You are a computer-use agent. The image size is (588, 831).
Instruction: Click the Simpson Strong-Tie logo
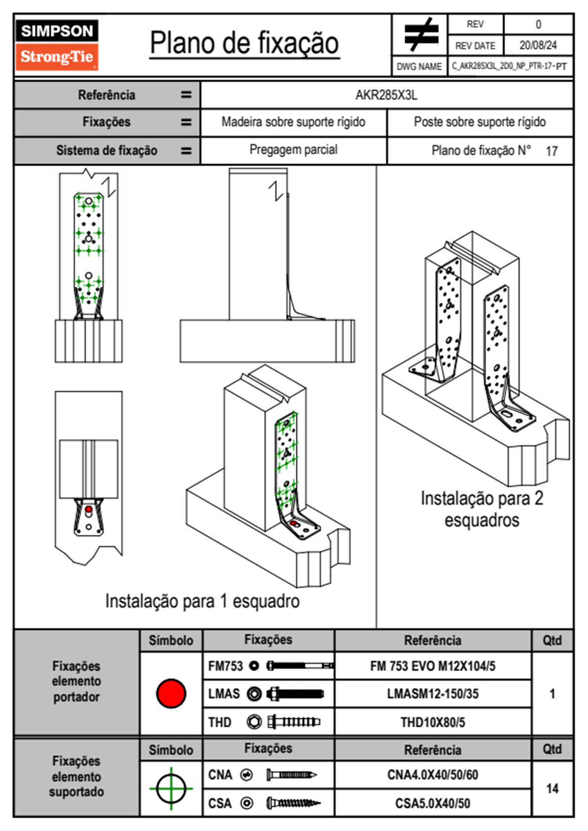pos(57,45)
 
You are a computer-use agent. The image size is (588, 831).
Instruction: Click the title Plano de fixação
pos(244,43)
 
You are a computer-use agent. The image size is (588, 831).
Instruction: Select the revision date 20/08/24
pos(538,45)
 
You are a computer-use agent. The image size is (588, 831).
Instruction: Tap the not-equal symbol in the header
pos(420,35)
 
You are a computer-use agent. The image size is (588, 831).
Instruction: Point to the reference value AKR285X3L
pos(386,95)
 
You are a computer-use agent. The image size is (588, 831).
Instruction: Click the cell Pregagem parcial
pos(294,150)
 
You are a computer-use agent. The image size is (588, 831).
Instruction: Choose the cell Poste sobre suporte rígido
pos(479,122)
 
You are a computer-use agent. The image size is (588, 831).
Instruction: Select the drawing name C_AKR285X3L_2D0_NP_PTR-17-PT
pos(509,66)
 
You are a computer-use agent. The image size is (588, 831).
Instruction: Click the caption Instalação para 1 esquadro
pos(202,601)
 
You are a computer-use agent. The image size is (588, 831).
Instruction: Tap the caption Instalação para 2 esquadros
pos(482,509)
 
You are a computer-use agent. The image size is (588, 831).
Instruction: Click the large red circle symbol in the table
pos(171,693)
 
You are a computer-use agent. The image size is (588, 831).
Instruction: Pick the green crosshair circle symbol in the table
pos(171,789)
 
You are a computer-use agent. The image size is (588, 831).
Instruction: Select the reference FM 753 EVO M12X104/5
pos(432,666)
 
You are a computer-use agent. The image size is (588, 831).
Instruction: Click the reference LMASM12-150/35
pos(432,694)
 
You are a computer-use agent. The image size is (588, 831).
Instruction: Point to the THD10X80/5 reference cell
pos(432,722)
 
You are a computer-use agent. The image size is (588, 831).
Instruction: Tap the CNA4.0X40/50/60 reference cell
pos(432,775)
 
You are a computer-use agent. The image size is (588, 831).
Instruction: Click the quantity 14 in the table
pos(552,789)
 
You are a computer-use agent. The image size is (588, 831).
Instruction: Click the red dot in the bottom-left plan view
pos(88,509)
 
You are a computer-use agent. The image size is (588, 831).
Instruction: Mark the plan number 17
pos(551,151)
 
